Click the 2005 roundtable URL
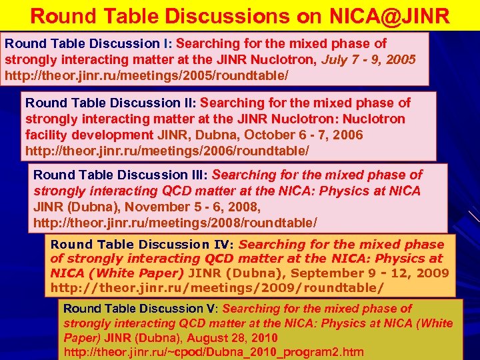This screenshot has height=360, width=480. pyautogui.click(x=147, y=75)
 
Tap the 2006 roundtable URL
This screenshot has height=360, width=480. pyautogui.click(x=167, y=151)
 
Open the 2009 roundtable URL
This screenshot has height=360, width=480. pyautogui.click(x=217, y=287)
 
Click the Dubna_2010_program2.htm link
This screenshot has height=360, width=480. pyautogui.click(x=213, y=351)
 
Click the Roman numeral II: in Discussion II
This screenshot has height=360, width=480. pyautogui.click(x=189, y=103)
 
